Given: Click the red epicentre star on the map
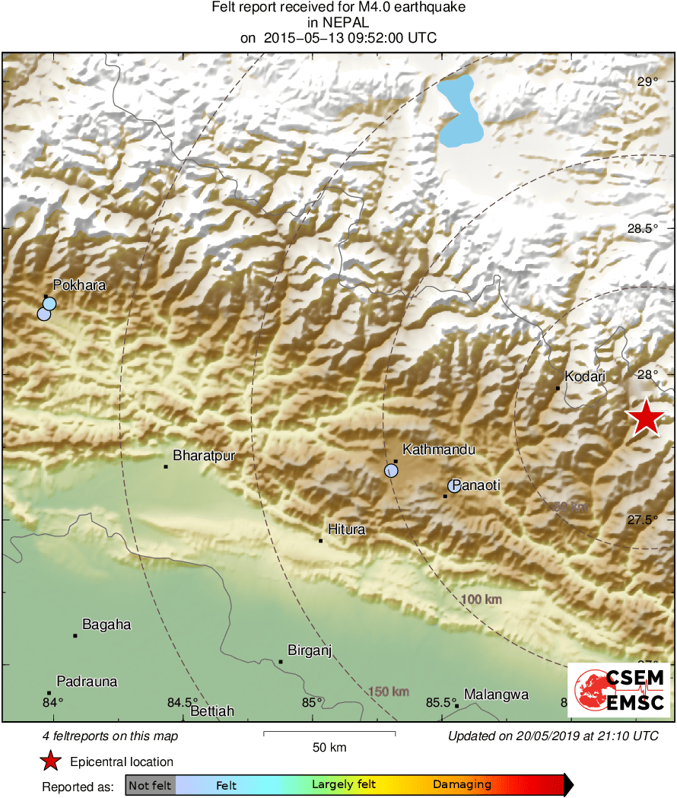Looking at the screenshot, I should (x=645, y=417).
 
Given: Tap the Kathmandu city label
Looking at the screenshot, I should (x=438, y=450).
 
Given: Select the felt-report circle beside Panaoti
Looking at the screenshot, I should (x=454, y=485).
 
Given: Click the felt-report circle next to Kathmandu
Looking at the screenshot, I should (x=391, y=470).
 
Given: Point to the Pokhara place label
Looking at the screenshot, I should (x=79, y=285).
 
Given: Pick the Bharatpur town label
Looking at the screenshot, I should (x=204, y=456).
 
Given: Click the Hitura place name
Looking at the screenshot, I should (x=346, y=529).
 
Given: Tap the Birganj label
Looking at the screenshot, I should (x=310, y=650).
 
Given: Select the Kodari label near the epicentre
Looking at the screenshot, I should (x=585, y=376).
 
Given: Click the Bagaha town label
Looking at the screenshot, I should (x=106, y=625).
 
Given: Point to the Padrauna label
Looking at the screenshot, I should (x=87, y=682).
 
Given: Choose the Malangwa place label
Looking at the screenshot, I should (x=496, y=695).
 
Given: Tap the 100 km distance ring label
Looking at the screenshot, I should (x=482, y=600).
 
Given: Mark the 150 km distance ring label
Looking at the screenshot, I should (x=389, y=691).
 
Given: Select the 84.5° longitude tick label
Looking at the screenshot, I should (x=183, y=702).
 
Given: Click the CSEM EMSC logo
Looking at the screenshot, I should (x=620, y=690).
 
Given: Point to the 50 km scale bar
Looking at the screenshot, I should (x=329, y=733).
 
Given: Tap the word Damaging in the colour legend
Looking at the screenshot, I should (x=462, y=784).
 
